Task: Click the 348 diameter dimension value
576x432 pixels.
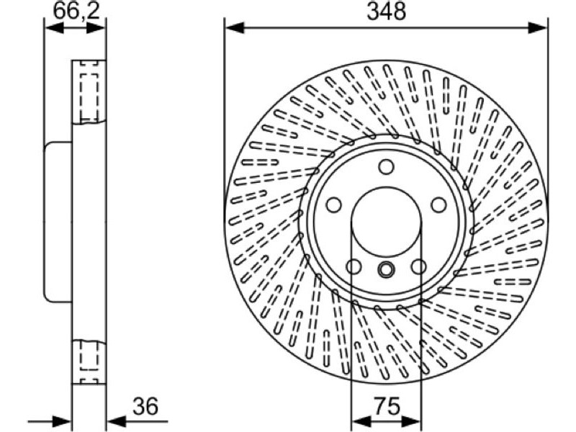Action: [387, 11]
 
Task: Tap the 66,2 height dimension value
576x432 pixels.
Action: [76, 11]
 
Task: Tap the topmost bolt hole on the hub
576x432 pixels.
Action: [386, 167]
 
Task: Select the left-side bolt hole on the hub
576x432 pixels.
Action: [334, 204]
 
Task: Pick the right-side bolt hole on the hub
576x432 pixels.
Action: [438, 204]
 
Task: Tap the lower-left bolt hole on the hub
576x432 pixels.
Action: [354, 266]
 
